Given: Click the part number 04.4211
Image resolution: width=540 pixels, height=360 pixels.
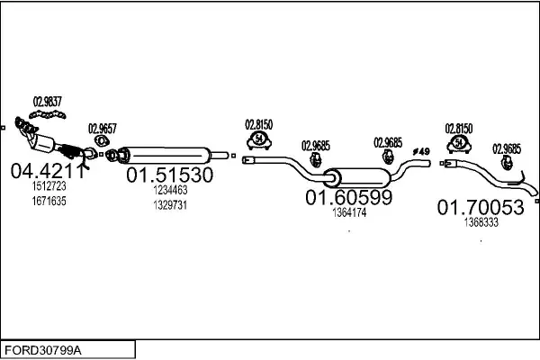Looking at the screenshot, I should click(47, 171).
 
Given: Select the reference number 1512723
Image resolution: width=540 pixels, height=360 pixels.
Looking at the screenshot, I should click(49, 186).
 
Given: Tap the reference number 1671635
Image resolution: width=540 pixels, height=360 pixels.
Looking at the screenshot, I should click(49, 201).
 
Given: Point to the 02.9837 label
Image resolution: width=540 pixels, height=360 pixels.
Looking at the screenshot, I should click(47, 101).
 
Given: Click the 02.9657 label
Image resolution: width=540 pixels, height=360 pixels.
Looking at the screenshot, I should click(102, 129).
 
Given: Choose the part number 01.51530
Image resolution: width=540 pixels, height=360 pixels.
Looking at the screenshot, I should click(169, 175).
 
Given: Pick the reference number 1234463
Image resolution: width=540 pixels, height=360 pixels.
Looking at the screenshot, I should click(169, 190).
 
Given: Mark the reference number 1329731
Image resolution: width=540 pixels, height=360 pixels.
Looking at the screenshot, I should click(169, 204).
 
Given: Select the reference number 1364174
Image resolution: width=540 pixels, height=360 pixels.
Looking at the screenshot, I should click(349, 213).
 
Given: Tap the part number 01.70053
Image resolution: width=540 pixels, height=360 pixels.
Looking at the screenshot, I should click(481, 208).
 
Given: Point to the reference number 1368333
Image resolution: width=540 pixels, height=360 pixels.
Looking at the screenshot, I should click(481, 222).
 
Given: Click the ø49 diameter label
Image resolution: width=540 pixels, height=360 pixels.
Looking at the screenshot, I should click(419, 149).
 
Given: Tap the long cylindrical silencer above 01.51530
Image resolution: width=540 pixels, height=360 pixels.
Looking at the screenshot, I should click(166, 153).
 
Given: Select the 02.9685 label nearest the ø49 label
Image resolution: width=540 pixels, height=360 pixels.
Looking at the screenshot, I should click(388, 142).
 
